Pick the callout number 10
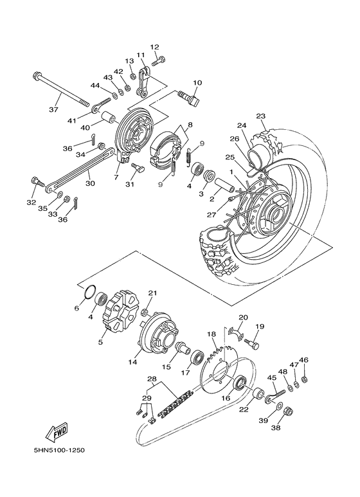197,83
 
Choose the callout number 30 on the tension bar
90,183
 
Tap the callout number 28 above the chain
152,379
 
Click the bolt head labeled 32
35,183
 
